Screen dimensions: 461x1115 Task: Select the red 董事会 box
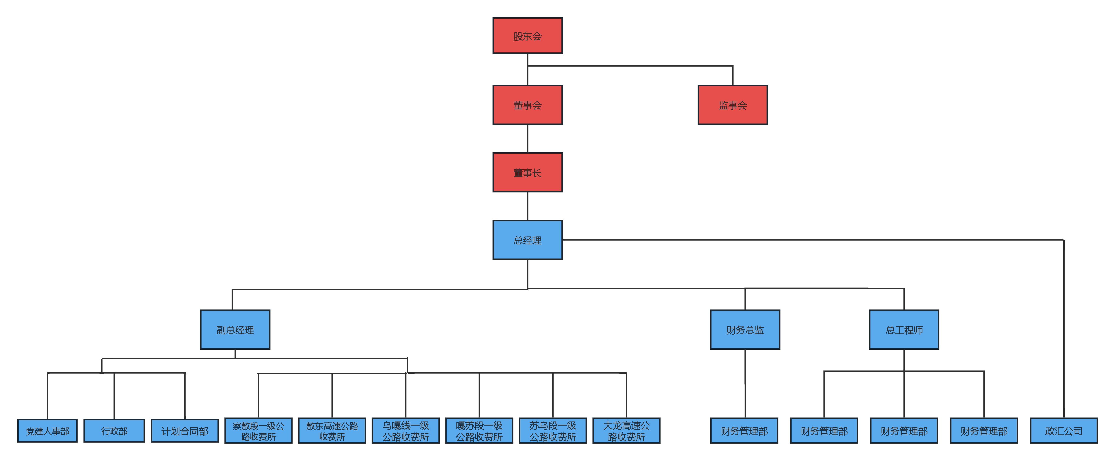click(527, 105)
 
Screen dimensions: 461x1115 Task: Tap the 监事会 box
click(732, 105)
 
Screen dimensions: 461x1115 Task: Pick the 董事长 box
click(527, 172)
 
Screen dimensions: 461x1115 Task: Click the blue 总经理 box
click(527, 240)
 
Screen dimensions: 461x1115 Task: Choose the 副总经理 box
click(235, 330)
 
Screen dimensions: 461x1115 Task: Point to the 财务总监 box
click(745, 330)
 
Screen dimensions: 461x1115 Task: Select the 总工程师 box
click(904, 330)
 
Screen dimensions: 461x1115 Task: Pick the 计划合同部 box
click(185, 431)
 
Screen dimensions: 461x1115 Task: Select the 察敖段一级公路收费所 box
click(258, 431)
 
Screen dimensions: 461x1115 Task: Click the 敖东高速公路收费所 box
click(332, 431)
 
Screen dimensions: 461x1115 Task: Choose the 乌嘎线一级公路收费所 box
click(405, 431)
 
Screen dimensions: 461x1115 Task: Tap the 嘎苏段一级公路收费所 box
click(479, 431)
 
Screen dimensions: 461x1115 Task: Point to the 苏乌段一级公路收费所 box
click(553, 431)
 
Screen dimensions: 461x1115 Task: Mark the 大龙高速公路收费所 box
click(626, 431)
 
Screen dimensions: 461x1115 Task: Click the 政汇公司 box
click(1064, 431)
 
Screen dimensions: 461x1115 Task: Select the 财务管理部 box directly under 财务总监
click(744, 431)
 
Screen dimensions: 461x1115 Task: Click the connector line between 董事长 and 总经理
click(527, 206)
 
